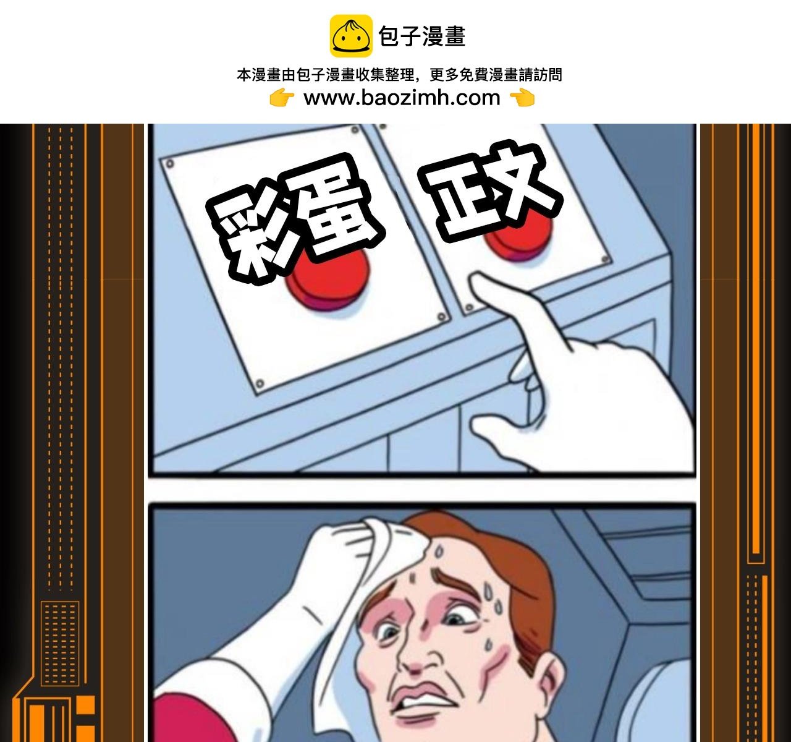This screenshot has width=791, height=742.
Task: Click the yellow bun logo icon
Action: [350, 36]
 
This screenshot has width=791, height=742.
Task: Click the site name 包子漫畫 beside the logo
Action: [421, 36]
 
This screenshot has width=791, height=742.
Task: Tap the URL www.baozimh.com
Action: [402, 98]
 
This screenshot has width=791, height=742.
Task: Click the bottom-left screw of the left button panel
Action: [260, 383]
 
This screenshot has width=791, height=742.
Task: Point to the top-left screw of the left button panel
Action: [170, 164]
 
